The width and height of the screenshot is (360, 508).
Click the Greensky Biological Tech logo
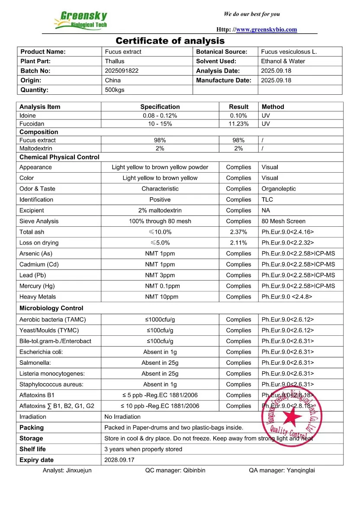click(x=81, y=19)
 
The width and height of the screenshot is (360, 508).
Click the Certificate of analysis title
click(x=170, y=41)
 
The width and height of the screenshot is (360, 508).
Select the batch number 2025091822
click(x=122, y=71)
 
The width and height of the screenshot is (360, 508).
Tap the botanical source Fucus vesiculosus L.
click(x=289, y=51)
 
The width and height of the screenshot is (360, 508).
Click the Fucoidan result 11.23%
click(x=238, y=124)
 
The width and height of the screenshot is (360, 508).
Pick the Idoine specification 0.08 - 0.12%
click(x=160, y=116)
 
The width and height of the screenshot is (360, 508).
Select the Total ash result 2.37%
click(x=238, y=232)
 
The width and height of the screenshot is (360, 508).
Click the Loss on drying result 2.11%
click(x=238, y=243)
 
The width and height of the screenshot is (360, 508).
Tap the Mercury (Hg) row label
click(x=37, y=286)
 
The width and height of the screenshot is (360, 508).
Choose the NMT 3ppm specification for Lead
click(x=160, y=275)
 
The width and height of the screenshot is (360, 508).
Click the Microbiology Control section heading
click(x=51, y=308)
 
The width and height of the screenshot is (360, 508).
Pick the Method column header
click(x=273, y=106)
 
